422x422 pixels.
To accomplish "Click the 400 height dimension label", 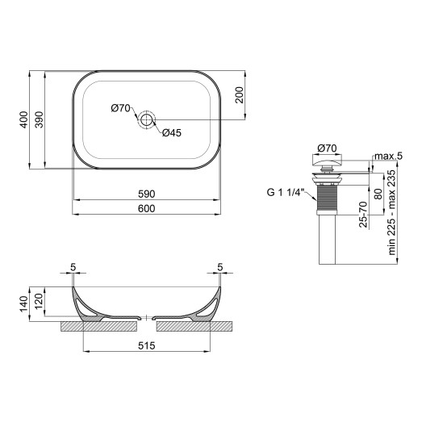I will [25, 119].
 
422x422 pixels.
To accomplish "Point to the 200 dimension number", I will [240, 95].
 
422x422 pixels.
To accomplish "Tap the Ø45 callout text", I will [171, 134].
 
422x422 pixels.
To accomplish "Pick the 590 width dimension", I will [146, 194].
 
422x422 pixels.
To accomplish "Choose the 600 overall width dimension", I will [146, 209].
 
